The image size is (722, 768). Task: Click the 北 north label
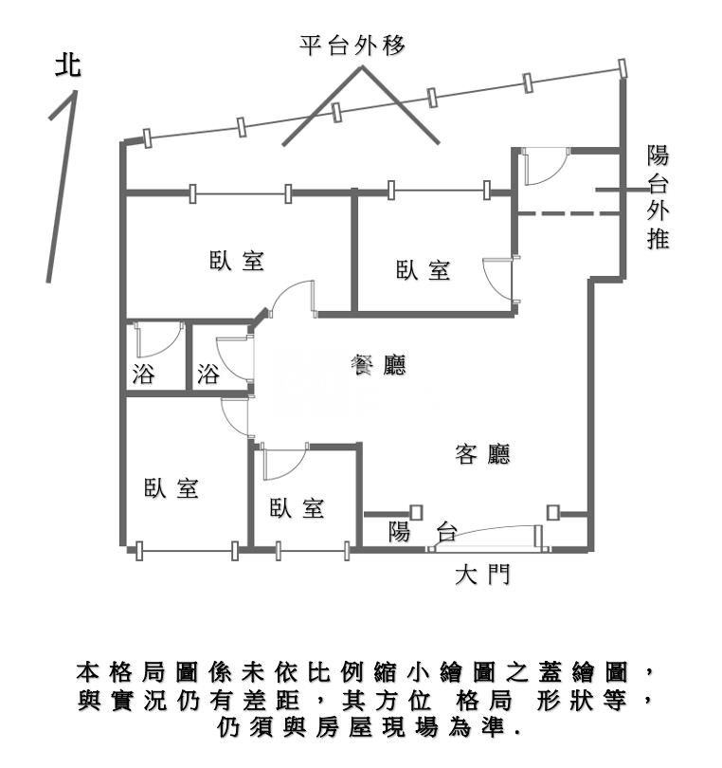coord(68,65)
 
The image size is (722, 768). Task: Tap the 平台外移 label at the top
coord(352,45)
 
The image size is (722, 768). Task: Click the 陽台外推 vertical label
coord(658,197)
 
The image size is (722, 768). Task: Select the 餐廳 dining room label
coord(378,365)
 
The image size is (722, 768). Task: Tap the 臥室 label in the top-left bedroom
coord(237,261)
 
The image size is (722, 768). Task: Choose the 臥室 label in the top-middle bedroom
coord(423,270)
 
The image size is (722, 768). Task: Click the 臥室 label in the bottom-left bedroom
coord(171,488)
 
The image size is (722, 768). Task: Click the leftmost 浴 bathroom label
coord(144,374)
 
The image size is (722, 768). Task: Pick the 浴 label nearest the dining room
coord(208,374)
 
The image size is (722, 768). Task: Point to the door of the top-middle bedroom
coord(496,280)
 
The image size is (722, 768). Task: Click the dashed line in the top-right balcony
coord(569,215)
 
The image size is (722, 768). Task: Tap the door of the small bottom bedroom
coord(282,462)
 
